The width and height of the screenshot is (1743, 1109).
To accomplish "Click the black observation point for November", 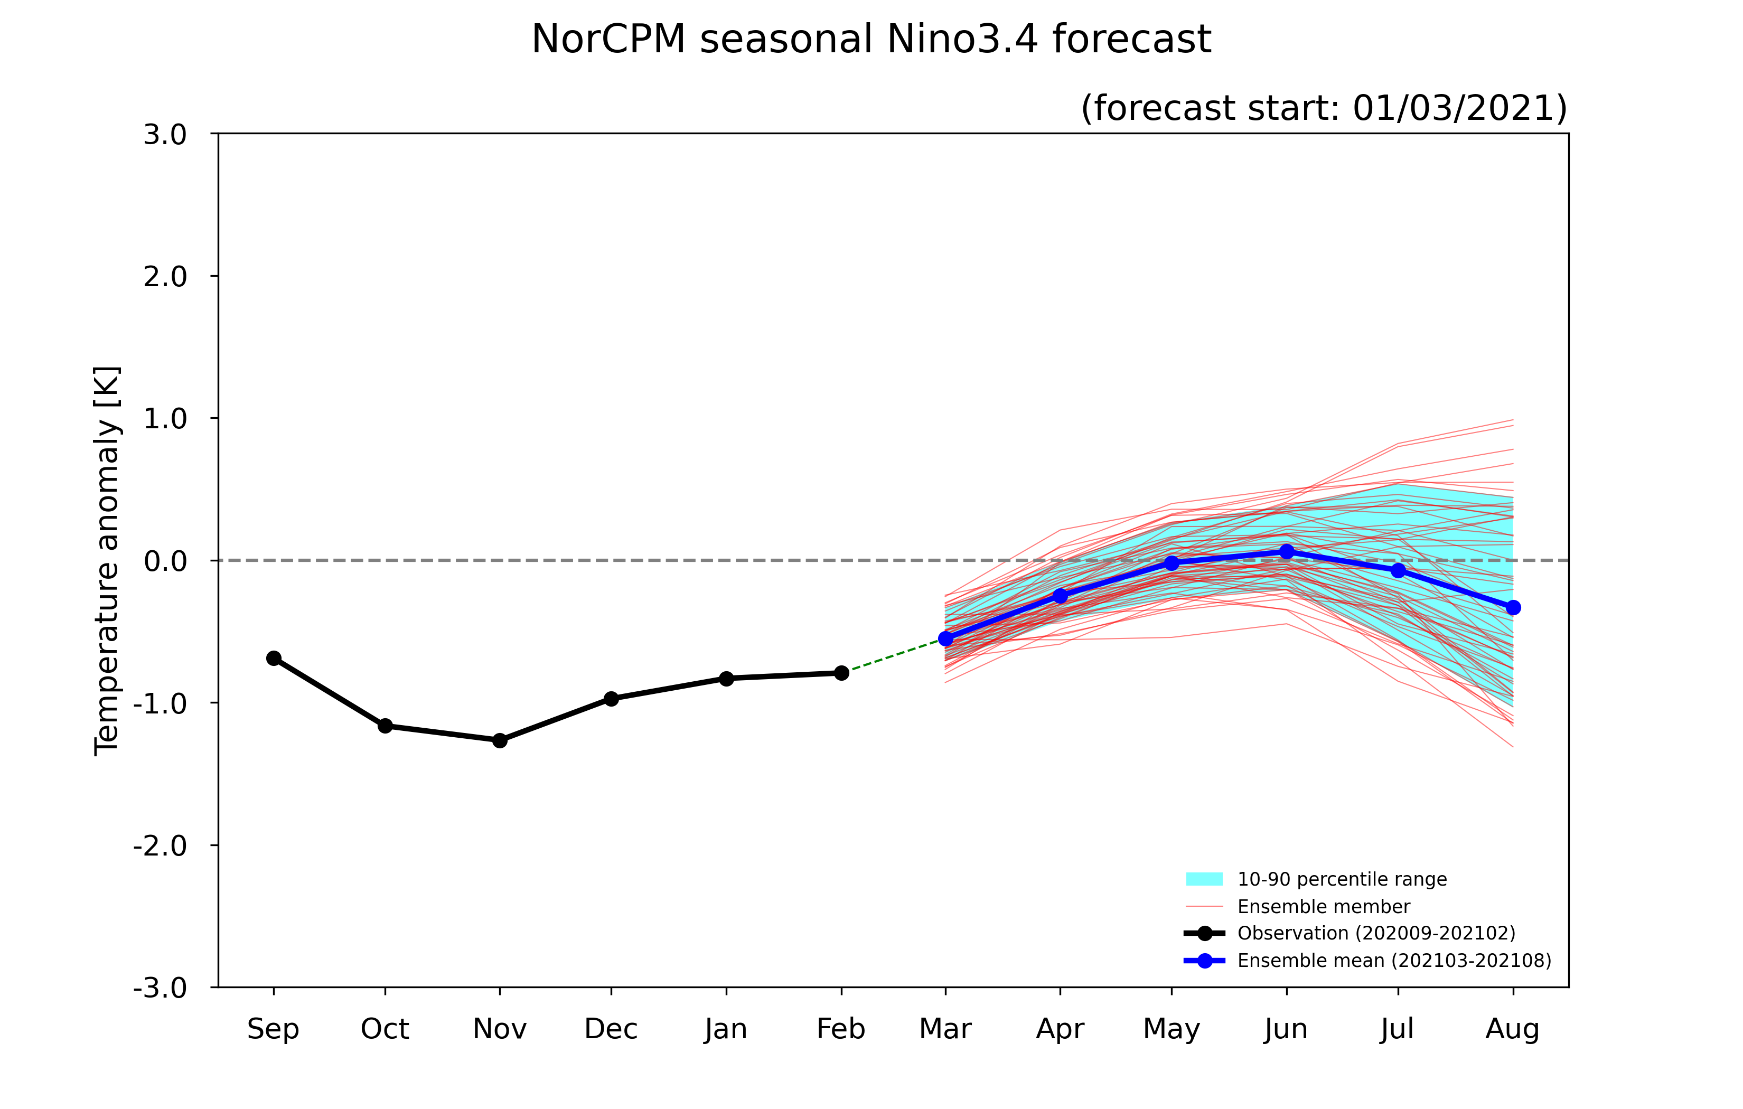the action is tap(500, 740).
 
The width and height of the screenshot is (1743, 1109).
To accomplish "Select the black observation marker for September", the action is tap(274, 658).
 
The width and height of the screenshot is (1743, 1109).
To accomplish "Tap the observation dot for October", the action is tap(385, 725).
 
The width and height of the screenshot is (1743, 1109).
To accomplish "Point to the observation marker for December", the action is tap(611, 699).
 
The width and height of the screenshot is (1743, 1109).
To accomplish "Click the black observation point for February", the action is tap(841, 673).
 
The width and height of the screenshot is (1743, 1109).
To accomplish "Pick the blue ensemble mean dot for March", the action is tap(945, 638).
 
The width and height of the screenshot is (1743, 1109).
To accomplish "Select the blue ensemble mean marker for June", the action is tap(1286, 552).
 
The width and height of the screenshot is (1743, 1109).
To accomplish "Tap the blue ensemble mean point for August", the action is tap(1513, 607).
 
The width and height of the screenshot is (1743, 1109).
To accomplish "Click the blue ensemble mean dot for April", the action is tap(1060, 596).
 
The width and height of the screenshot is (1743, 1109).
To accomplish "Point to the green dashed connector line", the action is tap(893, 656).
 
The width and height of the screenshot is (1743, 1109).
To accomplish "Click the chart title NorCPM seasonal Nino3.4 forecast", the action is tap(871, 39).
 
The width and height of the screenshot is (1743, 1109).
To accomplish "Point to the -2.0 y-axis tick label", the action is tap(160, 845).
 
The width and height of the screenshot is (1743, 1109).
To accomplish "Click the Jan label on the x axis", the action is tap(726, 1029).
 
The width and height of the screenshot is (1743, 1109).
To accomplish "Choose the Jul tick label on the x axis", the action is tap(1397, 1029).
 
